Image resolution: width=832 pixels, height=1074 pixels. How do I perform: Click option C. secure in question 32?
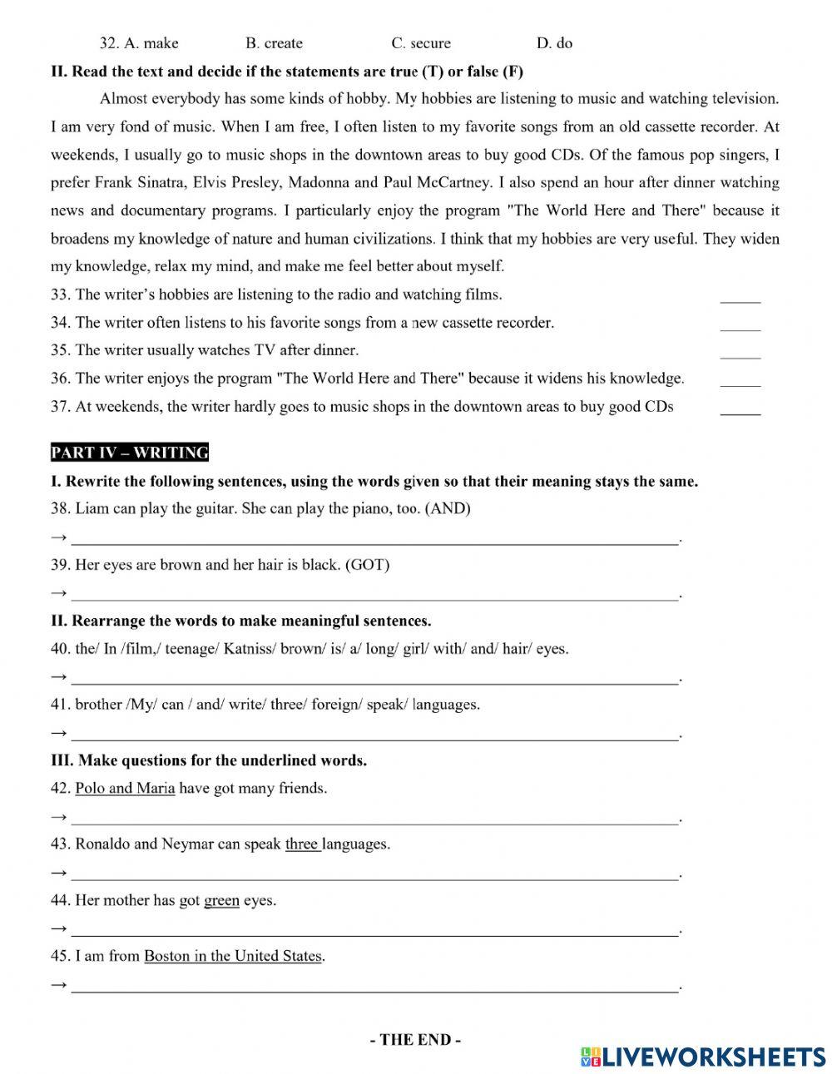(421, 43)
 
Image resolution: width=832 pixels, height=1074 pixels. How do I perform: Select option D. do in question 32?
(555, 43)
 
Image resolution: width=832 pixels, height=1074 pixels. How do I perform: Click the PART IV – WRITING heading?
(130, 453)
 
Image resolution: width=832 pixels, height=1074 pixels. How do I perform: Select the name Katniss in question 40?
(249, 649)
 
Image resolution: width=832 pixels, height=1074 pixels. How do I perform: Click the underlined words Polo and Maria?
(125, 789)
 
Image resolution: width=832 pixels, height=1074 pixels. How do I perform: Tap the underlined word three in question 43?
(302, 844)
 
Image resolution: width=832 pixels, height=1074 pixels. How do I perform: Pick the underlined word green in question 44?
(221, 900)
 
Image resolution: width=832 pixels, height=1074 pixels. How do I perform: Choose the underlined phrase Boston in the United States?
(233, 956)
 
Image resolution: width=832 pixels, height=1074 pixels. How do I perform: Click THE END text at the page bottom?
(415, 1040)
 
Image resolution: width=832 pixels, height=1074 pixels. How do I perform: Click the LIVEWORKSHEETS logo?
(703, 1056)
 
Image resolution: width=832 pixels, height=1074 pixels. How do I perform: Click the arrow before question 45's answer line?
(58, 985)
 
